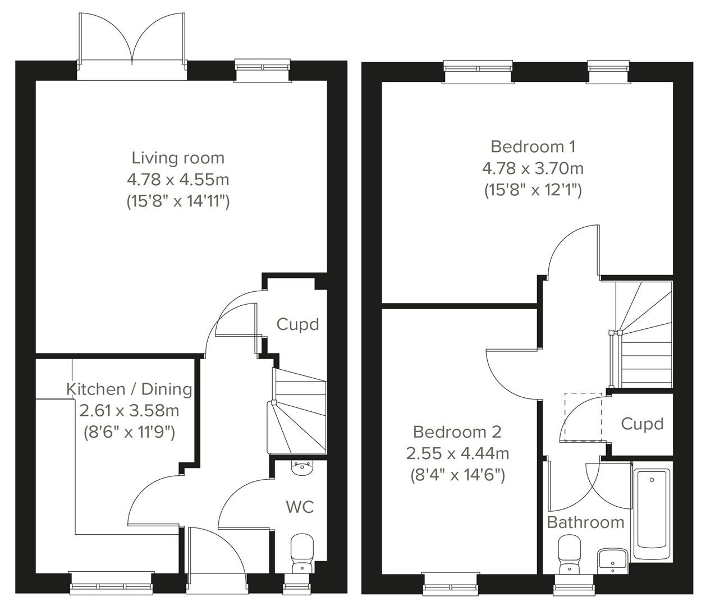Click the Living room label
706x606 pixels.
(x=178, y=158)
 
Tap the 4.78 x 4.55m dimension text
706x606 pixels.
(x=178, y=180)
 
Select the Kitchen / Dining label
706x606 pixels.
(x=129, y=389)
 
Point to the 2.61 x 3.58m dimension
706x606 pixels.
(x=129, y=411)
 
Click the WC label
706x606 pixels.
(x=300, y=507)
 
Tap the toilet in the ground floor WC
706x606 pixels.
(x=302, y=553)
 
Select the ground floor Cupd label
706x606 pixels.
(x=297, y=324)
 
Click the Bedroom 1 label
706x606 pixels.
(x=533, y=146)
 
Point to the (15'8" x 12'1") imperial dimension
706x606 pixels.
(x=533, y=190)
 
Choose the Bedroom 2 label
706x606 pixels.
(x=457, y=432)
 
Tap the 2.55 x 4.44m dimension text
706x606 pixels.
(x=457, y=453)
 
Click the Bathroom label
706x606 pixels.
(x=585, y=522)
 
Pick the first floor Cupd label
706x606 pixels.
(x=642, y=424)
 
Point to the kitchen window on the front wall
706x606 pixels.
(x=111, y=582)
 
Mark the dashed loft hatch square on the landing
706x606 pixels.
(x=583, y=416)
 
